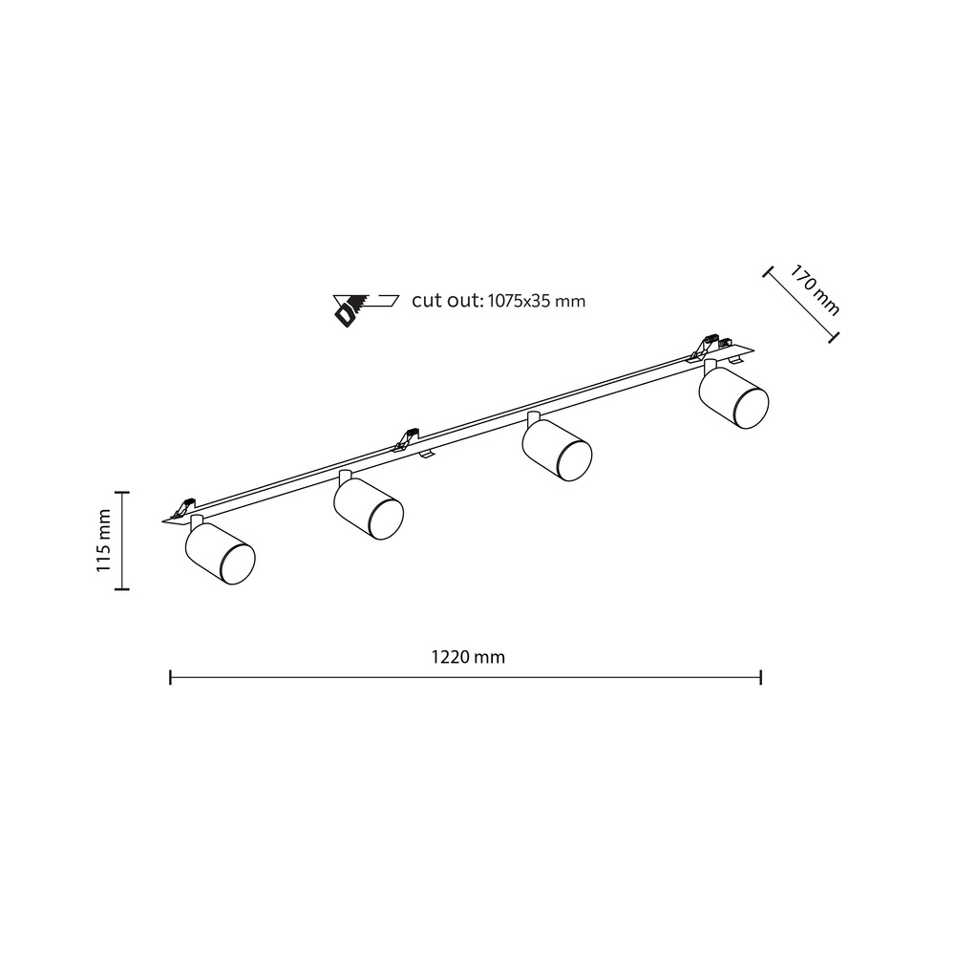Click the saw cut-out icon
coord(364,306)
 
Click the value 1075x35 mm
coord(536,301)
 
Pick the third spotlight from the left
coord(556,448)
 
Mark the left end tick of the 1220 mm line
coord(170,677)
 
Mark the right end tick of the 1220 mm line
coord(760,677)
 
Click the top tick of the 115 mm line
coord(121,491)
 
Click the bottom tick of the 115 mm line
coord(121,591)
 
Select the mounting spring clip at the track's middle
coord(405,438)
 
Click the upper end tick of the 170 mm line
coord(766,272)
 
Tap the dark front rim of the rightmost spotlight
coord(753,408)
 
